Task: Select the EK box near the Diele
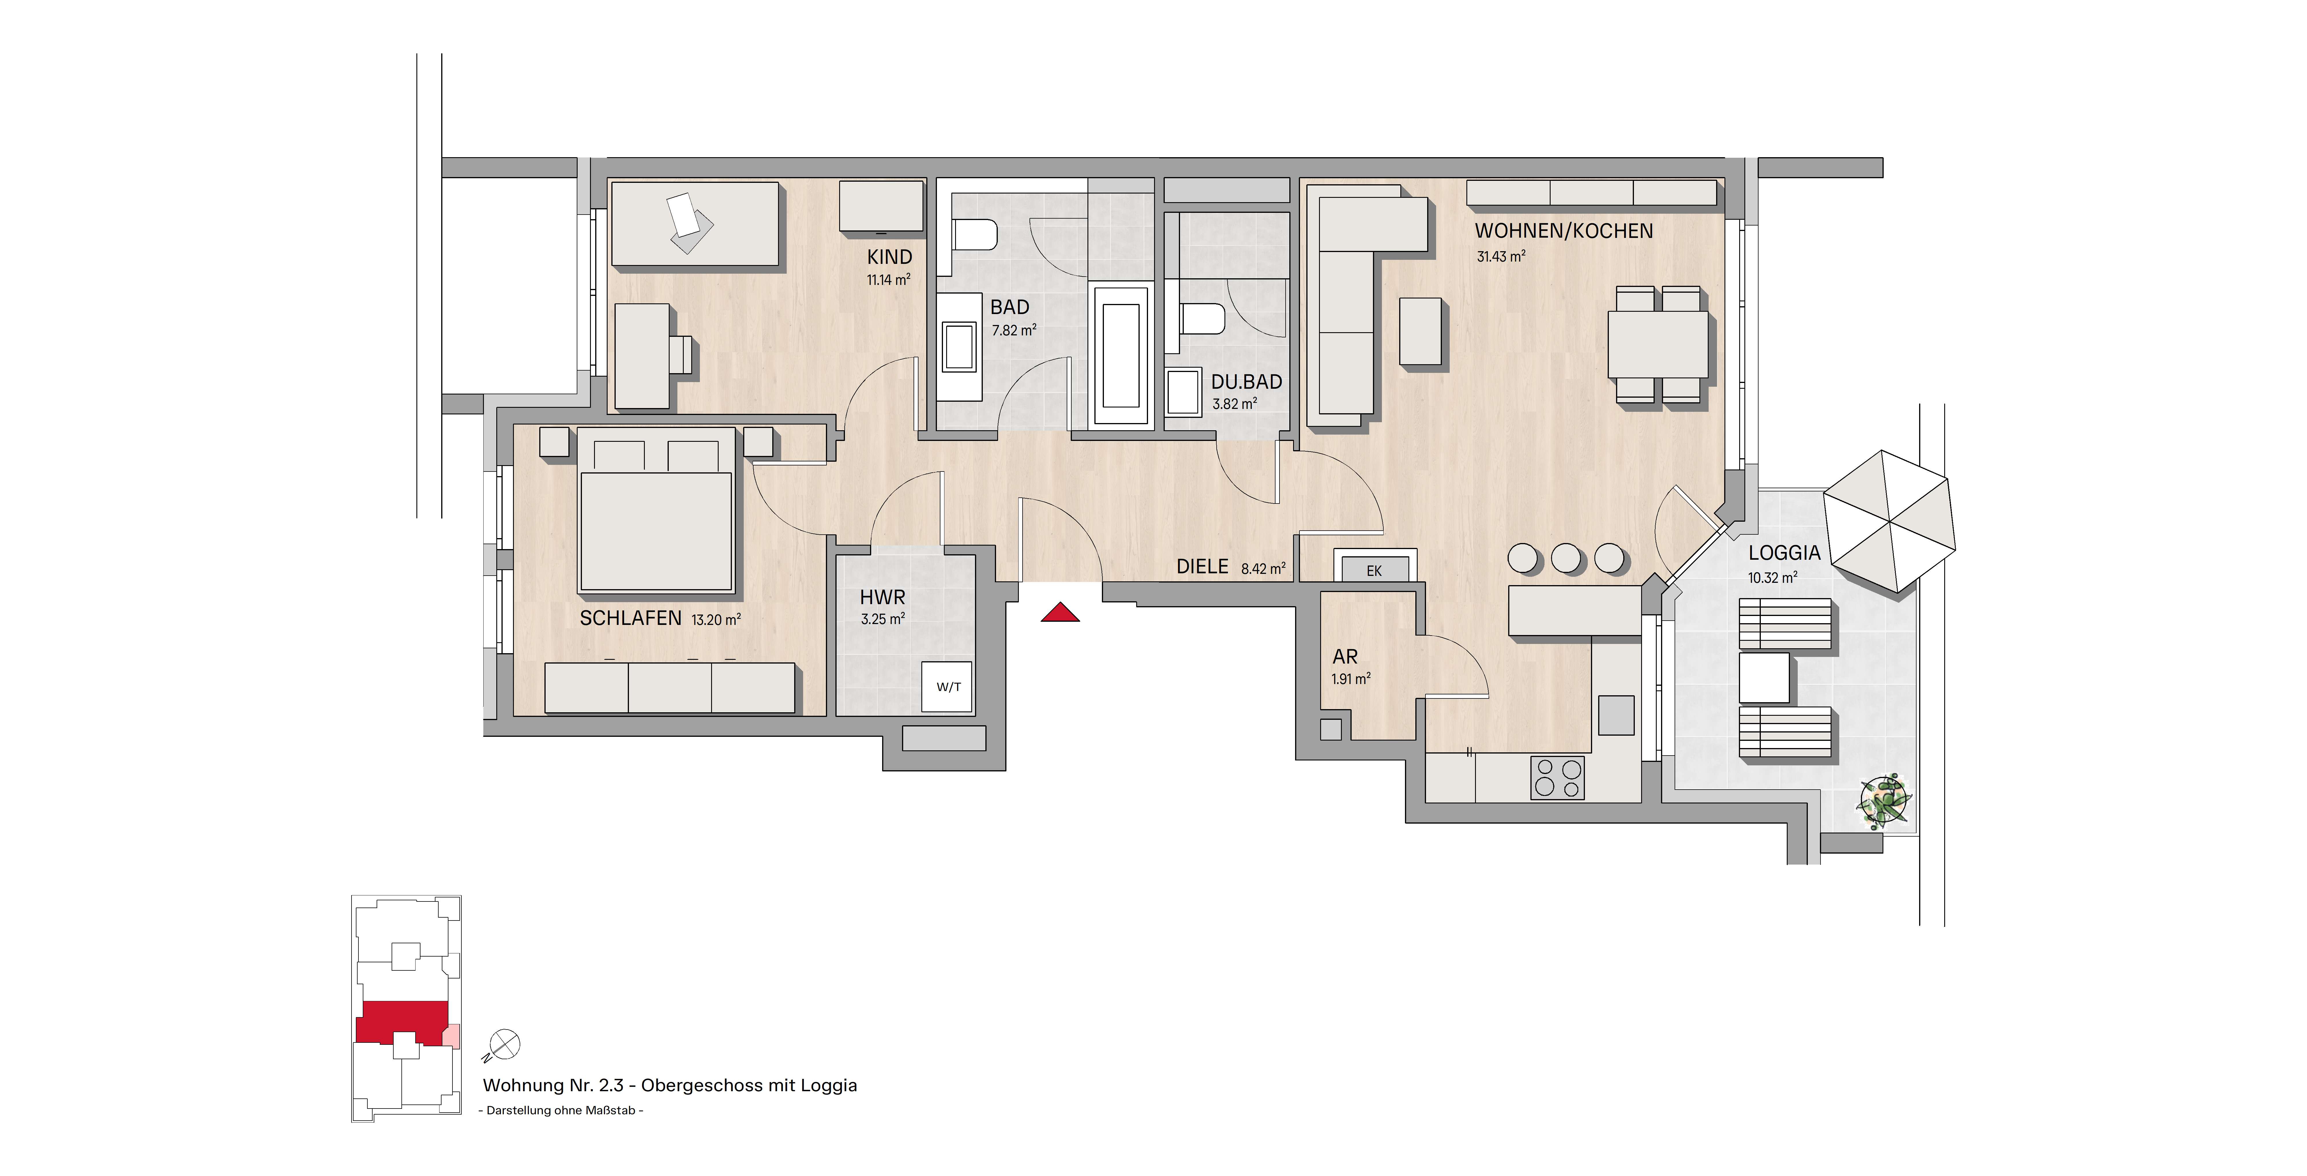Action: pyautogui.click(x=1375, y=570)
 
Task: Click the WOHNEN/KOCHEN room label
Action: pyautogui.click(x=1564, y=231)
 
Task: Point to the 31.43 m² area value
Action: pyautogui.click(x=1501, y=256)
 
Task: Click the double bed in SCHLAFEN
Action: pyautogui.click(x=656, y=510)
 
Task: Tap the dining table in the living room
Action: pyautogui.click(x=1658, y=344)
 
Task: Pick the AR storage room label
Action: pyautogui.click(x=1345, y=657)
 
